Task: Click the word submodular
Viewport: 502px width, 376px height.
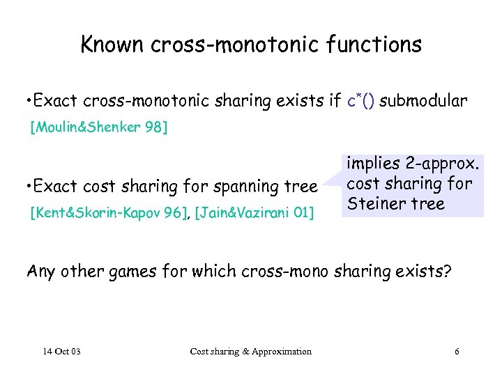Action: (425, 102)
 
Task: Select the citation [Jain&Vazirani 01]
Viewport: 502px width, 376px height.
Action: (254, 212)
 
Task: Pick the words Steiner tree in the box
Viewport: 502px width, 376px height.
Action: (395, 204)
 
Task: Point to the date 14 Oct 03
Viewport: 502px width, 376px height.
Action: (61, 351)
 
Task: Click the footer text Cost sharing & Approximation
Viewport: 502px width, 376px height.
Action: (251, 351)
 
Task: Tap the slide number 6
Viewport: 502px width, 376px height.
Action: (457, 351)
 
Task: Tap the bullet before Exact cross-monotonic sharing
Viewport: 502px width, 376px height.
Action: (26, 102)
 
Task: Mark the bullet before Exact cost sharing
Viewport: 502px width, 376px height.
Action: (26, 187)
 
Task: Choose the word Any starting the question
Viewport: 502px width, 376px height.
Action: (40, 272)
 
